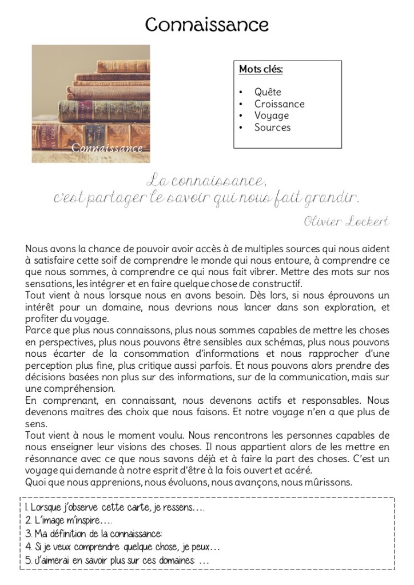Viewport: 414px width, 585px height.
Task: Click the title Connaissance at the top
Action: [x=206, y=25]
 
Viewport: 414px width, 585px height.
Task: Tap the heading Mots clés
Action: [x=261, y=70]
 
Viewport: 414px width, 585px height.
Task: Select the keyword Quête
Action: [x=268, y=92]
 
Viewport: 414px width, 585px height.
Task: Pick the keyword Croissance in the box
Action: [x=279, y=104]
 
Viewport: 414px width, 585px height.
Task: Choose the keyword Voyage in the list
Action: [x=272, y=116]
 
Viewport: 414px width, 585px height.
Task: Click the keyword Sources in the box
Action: [x=272, y=128]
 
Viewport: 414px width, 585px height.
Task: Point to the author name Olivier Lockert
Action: [x=347, y=222]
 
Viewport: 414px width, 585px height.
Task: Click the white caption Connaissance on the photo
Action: [x=107, y=149]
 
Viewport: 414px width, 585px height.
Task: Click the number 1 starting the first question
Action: [x=26, y=508]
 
